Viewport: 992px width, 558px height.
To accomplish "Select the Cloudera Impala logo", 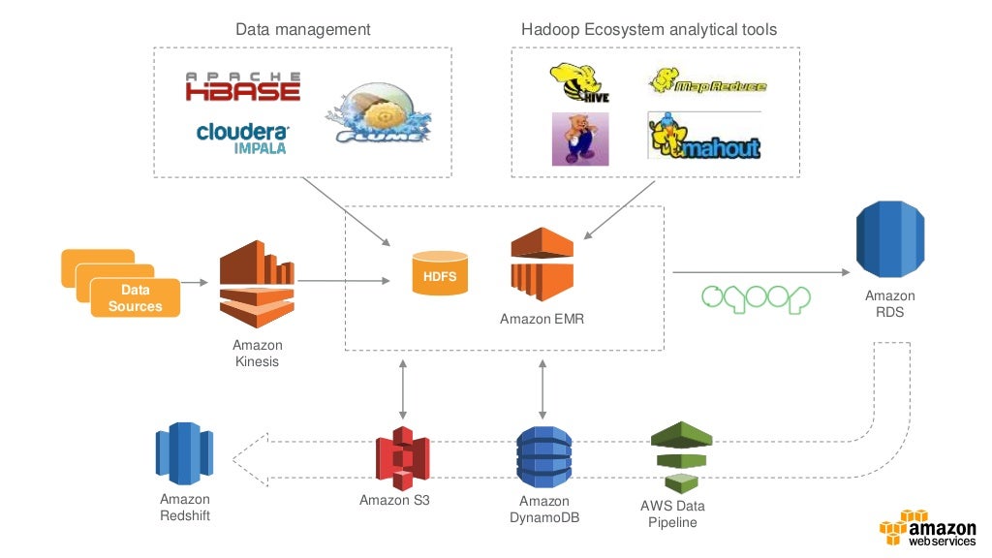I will pyautogui.click(x=242, y=138).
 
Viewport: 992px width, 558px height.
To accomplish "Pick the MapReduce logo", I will pyautogui.click(x=707, y=82).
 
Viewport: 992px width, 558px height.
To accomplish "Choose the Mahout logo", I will pyautogui.click(x=705, y=137).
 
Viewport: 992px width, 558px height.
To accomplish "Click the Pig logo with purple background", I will pyautogui.click(x=579, y=139).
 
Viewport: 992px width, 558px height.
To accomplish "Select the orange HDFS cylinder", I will pyautogui.click(x=440, y=274).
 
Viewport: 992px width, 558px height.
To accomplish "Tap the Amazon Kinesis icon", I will pyautogui.click(x=256, y=285).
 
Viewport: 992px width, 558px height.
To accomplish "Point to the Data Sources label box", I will pyautogui.click(x=135, y=298).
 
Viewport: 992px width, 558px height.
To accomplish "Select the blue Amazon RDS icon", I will pyautogui.click(x=889, y=238).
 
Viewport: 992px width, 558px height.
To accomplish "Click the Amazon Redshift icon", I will pyautogui.click(x=184, y=453).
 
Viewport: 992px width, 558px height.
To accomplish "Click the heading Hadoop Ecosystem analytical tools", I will pyautogui.click(x=648, y=29).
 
